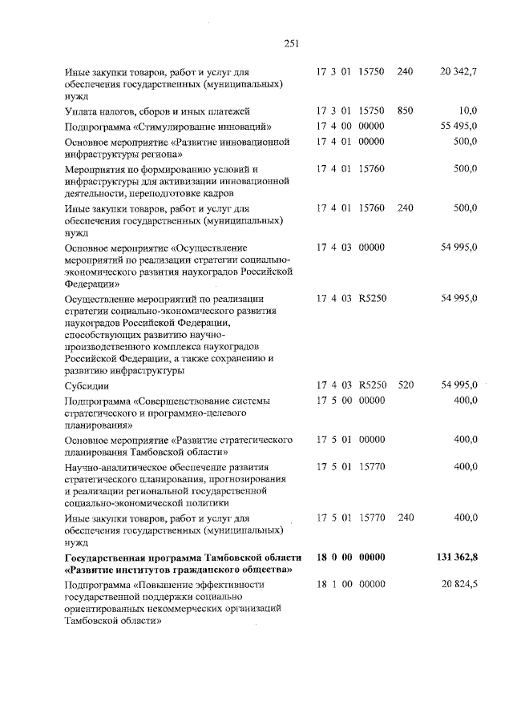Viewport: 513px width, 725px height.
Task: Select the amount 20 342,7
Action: coord(458,72)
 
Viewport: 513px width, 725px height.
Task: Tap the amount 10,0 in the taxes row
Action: coord(468,111)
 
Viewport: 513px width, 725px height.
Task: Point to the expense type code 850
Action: coord(405,111)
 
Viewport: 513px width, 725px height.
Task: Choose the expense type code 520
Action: coord(405,385)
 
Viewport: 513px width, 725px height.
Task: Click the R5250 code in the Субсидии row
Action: coord(373,385)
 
